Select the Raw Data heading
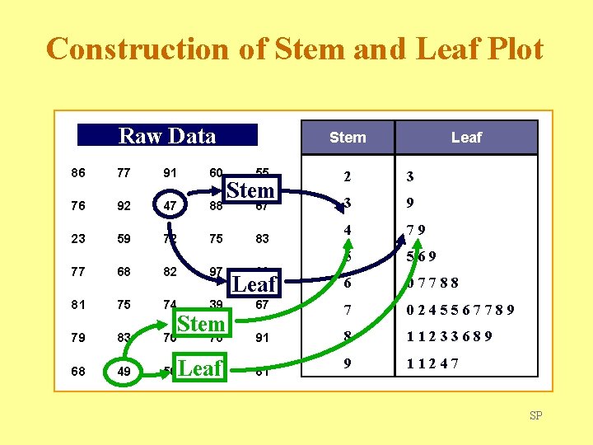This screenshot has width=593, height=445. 167,136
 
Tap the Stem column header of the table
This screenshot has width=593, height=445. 348,138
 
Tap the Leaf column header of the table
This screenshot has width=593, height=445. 466,138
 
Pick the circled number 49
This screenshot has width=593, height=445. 124,371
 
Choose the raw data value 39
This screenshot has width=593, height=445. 216,305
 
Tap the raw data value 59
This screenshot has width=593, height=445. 124,239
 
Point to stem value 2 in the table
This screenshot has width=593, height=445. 348,176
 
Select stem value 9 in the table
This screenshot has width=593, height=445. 348,363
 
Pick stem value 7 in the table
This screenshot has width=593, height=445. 348,311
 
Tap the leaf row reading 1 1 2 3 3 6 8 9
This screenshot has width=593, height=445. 450,336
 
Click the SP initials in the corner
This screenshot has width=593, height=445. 536,415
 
